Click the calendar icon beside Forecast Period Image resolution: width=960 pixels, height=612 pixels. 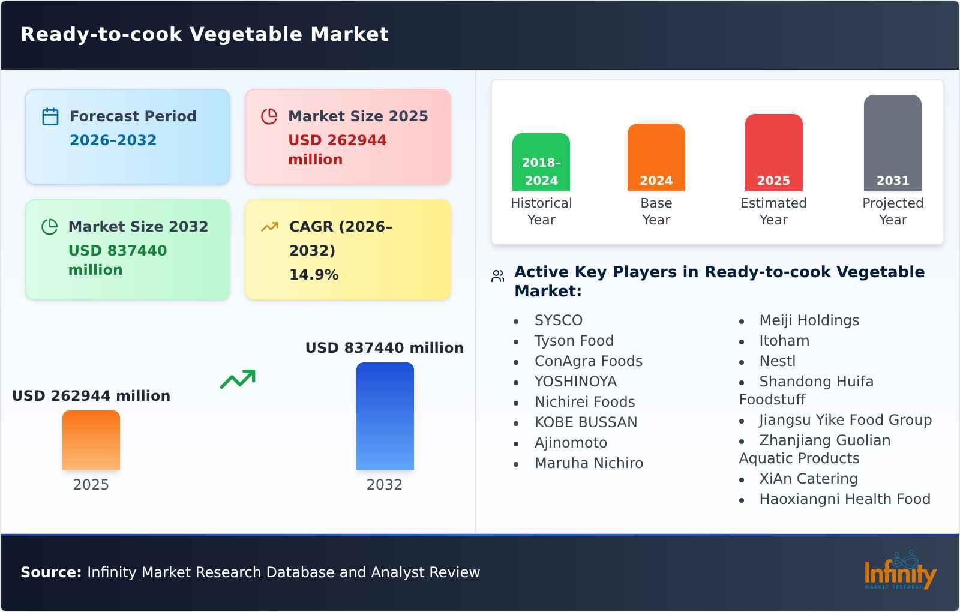(50, 116)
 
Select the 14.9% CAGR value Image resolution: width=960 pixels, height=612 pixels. (314, 275)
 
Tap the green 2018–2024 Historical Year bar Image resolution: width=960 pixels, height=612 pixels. (541, 162)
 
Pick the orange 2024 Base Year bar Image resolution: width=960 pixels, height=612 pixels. (656, 157)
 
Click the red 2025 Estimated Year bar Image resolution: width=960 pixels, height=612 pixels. (773, 152)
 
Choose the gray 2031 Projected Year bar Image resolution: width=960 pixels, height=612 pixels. (892, 143)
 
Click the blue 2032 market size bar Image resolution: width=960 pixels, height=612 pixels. (385, 416)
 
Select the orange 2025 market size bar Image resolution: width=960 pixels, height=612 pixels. (91, 440)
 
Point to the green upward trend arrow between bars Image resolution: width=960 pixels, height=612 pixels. (238, 379)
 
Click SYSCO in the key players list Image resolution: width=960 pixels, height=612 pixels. (558, 320)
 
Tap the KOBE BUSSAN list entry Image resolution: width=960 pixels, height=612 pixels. (586, 422)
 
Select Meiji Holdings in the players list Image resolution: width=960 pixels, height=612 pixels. (809, 320)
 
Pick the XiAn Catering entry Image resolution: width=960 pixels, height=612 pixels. (808, 479)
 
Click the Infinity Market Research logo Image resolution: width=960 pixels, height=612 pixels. (899, 571)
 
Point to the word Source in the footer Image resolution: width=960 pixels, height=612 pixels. (50, 572)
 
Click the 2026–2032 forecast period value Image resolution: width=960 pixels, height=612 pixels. (113, 140)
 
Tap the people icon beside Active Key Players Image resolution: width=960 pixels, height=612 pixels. (497, 276)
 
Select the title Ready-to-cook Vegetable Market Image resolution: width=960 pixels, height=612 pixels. (205, 34)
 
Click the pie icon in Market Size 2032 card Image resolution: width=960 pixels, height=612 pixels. (49, 227)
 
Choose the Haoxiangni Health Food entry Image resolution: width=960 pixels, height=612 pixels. (844, 499)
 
